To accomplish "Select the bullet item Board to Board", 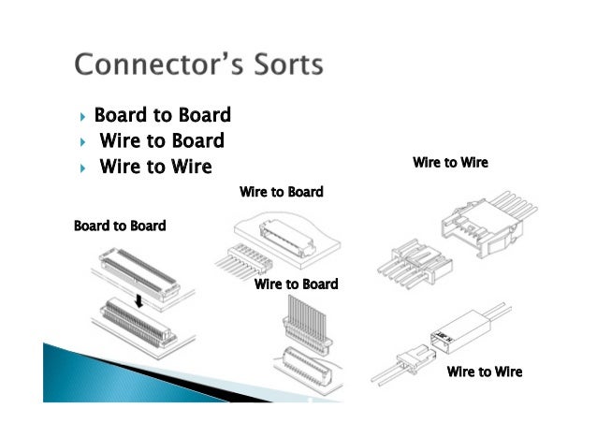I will pyautogui.click(x=162, y=115).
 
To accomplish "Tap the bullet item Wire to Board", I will pyautogui.click(x=161, y=141).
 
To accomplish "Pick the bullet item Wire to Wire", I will pyautogui.click(x=155, y=168).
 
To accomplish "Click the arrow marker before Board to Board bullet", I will pyautogui.click(x=83, y=116).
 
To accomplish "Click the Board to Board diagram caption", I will pyautogui.click(x=120, y=226).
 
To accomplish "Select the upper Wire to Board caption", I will pyautogui.click(x=281, y=192).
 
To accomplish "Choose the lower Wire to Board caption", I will pyautogui.click(x=296, y=284).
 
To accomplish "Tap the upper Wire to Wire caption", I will pyautogui.click(x=450, y=163).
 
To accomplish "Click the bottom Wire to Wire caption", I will pyautogui.click(x=484, y=372).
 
